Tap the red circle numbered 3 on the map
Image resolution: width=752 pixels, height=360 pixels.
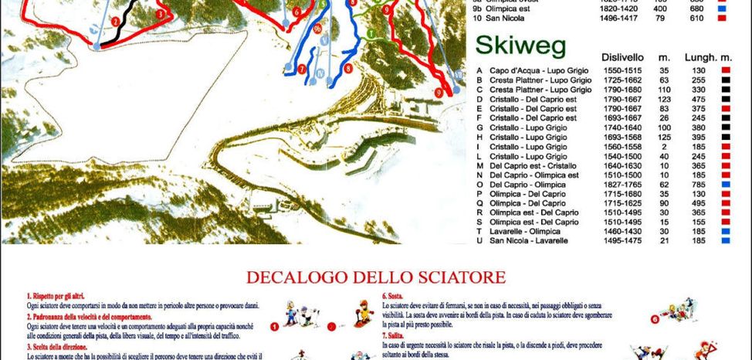point(160,13)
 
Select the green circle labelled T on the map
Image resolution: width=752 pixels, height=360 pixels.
point(371,32)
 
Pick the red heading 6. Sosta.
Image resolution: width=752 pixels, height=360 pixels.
point(395,296)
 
